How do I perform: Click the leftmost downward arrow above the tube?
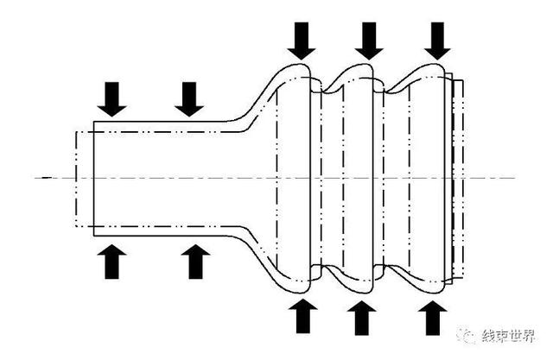click(x=111, y=99)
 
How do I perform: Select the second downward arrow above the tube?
click(x=189, y=99)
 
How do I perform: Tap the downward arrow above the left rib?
click(x=302, y=41)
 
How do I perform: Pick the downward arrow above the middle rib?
click(x=369, y=41)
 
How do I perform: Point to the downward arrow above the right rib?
click(x=437, y=41)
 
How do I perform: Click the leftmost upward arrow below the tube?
click(x=111, y=262)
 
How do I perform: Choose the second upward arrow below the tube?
click(x=196, y=262)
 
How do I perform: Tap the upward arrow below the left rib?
click(x=303, y=316)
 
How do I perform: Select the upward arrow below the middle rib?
click(x=361, y=318)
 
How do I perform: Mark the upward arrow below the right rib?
click(x=433, y=318)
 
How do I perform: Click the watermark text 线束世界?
click(x=508, y=336)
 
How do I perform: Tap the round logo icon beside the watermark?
click(x=467, y=335)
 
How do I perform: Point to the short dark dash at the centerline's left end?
click(x=47, y=178)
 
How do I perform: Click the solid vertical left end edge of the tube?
click(x=94, y=179)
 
